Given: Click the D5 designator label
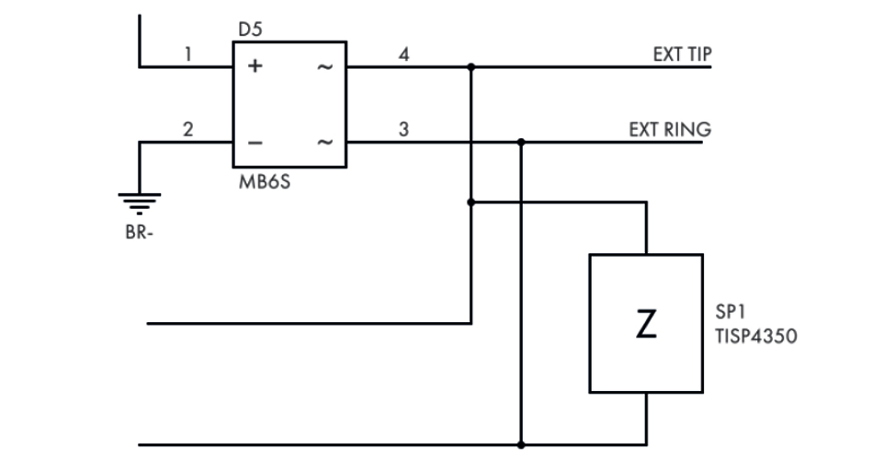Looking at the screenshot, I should [x=250, y=29].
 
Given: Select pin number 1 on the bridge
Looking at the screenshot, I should [x=187, y=54].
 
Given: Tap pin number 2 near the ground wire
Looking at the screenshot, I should [x=187, y=130].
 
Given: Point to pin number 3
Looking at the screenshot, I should [x=403, y=130].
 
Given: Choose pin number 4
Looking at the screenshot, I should [x=403, y=54].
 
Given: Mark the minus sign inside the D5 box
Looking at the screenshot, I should [x=255, y=144].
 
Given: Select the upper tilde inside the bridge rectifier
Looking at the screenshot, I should [x=323, y=68].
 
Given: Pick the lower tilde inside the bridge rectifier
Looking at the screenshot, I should [x=323, y=144].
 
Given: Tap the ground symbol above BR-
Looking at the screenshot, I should [x=141, y=201].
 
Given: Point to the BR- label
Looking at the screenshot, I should [x=140, y=232].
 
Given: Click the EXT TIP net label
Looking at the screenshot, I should [x=682, y=54].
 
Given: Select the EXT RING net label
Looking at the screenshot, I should [x=670, y=130].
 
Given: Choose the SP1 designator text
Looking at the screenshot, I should [x=729, y=315].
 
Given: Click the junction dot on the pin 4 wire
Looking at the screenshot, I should [x=471, y=67].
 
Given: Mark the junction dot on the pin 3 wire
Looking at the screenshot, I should [x=521, y=143].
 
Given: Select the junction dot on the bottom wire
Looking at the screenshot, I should [x=521, y=445].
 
